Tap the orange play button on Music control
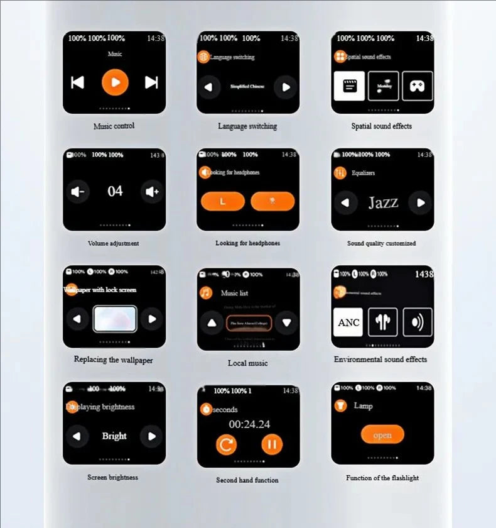tap(115, 82)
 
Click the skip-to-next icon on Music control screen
tap(151, 82)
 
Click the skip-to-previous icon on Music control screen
tap(77, 82)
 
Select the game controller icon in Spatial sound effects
tap(418, 86)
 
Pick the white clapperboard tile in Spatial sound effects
tap(349, 86)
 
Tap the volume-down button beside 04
tap(78, 192)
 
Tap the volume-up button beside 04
tap(152, 192)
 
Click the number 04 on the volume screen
tap(115, 191)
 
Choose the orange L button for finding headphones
tap(223, 201)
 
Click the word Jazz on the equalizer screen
tap(383, 202)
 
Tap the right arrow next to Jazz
tap(420, 202)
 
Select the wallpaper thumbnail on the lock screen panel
tap(114, 319)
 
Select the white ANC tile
tap(348, 322)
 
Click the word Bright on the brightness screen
tap(114, 436)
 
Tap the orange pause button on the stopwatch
tap(272, 445)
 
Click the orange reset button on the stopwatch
tap(226, 445)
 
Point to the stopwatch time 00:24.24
tap(249, 424)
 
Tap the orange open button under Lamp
tap(382, 435)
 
